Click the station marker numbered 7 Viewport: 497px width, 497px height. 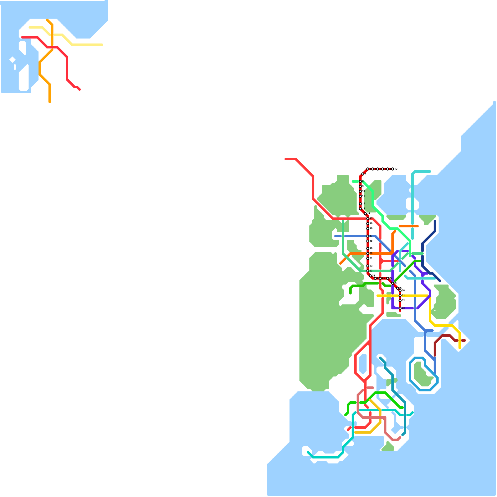pos(363,174)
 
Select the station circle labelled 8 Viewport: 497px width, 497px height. pos(360,181)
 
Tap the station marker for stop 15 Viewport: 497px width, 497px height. pos(368,219)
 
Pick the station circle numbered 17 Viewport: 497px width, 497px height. pos(368,236)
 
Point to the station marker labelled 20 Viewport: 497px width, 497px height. pos(368,253)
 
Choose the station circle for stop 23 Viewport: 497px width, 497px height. pos(368,271)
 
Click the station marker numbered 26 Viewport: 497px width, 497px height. pos(380,278)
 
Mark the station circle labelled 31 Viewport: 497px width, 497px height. pos(400,296)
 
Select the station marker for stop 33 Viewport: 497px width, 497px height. pos(400,308)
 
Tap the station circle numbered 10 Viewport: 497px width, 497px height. pos(360,191)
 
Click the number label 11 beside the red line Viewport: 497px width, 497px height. pos(363,196)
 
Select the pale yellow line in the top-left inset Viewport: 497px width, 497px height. pos(87,45)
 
